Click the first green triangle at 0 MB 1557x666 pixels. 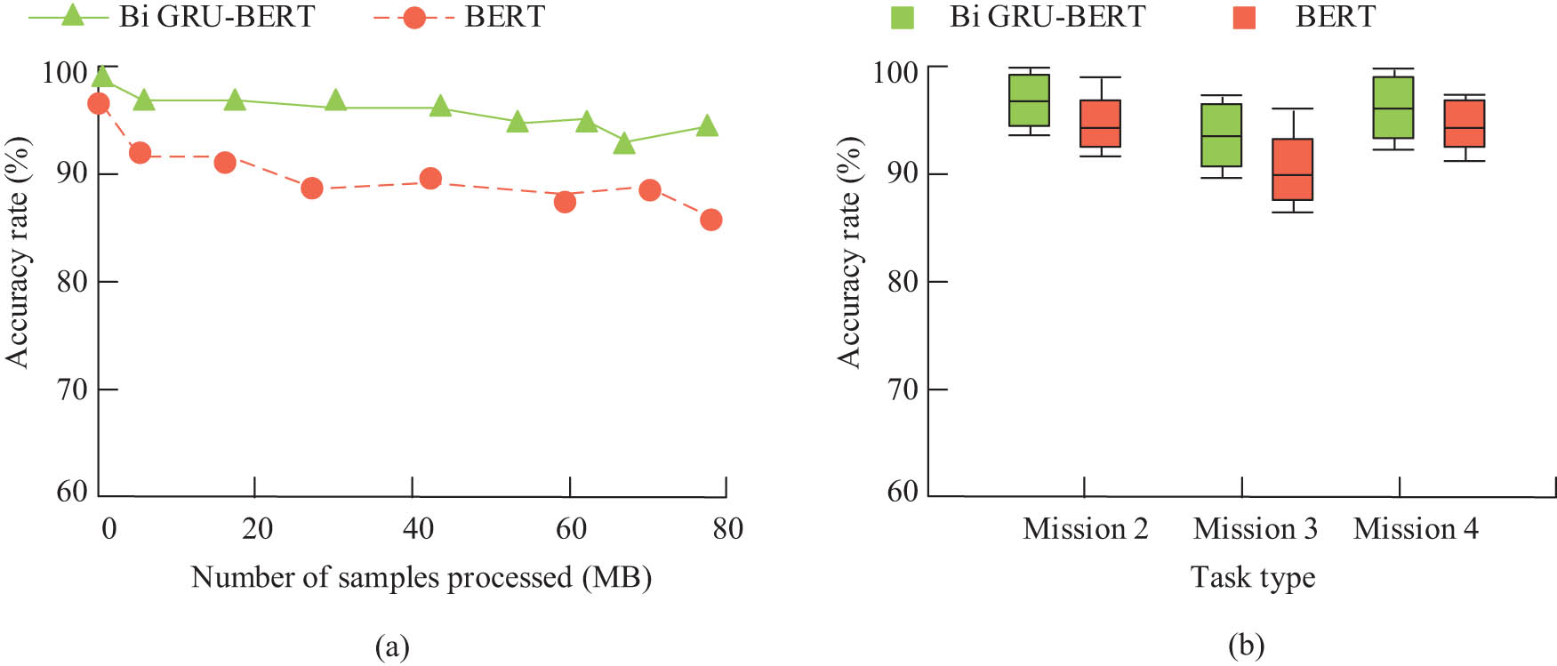102,77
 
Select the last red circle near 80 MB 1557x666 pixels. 710,220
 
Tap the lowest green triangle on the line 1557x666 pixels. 624,142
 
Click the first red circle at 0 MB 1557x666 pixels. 99,104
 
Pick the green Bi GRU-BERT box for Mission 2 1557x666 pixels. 1029,100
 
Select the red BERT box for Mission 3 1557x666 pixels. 1292,169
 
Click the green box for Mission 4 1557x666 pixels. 1392,108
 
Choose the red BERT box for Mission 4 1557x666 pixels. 1464,124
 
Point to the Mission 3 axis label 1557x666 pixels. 1255,529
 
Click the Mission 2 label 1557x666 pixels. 1085,529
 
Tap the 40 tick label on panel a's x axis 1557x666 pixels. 418,529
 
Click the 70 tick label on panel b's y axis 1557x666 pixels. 902,389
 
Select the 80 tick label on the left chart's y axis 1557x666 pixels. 71,282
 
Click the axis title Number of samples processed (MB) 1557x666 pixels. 421,578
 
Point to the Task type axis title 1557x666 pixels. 1252,578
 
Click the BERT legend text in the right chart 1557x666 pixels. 1335,16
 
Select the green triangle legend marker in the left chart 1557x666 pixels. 72,15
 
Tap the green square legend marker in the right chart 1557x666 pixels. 902,17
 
